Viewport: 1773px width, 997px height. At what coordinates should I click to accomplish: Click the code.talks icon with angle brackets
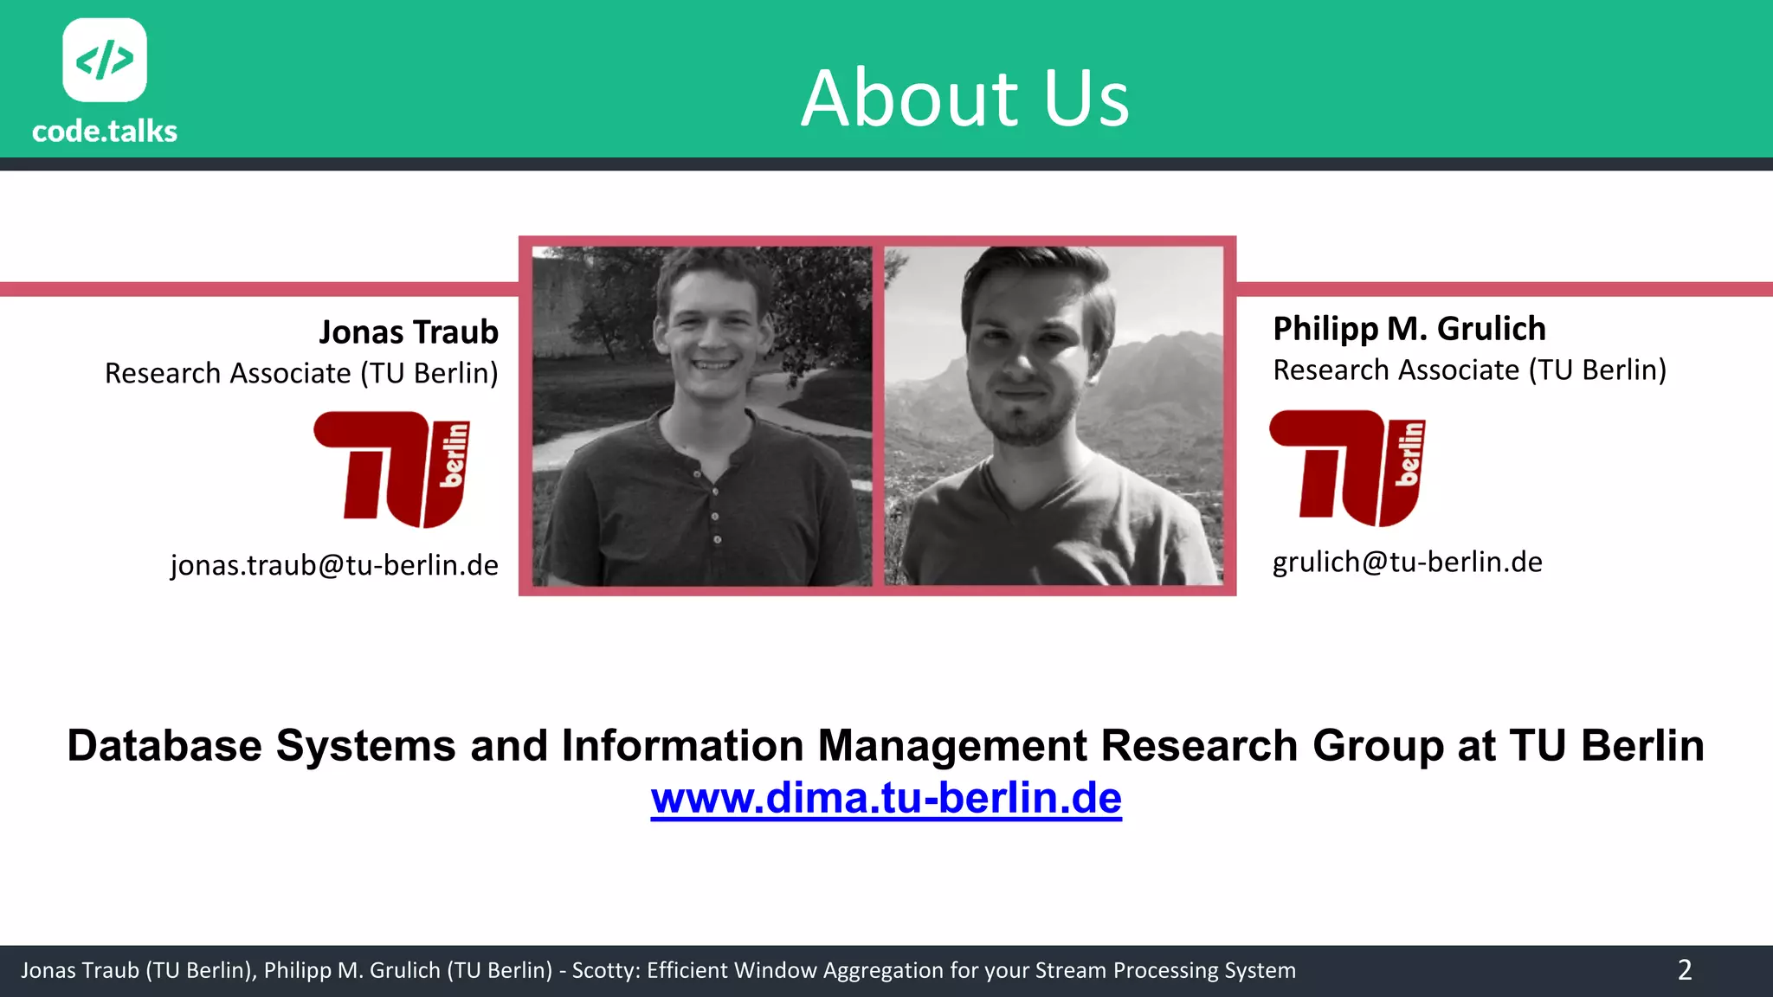click(105, 61)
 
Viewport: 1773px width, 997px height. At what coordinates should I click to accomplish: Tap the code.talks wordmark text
click(105, 132)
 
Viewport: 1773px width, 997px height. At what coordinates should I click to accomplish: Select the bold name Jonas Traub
click(409, 332)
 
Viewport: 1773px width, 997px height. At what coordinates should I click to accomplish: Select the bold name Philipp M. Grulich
click(1409, 329)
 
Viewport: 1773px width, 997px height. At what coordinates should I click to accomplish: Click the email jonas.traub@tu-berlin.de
click(334, 565)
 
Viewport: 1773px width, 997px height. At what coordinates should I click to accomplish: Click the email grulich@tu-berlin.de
click(1407, 563)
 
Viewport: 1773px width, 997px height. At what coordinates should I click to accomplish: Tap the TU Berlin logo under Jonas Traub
click(392, 469)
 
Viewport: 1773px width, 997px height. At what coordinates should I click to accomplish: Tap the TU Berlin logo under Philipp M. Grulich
click(1347, 467)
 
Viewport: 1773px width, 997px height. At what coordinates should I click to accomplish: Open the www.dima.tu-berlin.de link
click(886, 798)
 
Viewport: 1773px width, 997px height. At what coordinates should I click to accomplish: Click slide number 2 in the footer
click(1684, 970)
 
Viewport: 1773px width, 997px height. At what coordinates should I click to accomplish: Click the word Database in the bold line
click(164, 746)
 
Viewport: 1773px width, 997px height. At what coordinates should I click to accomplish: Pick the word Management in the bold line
click(951, 746)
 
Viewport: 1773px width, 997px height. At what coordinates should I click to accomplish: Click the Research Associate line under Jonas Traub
click(301, 374)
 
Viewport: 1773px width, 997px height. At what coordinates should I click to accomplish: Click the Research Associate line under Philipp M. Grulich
click(1469, 370)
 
